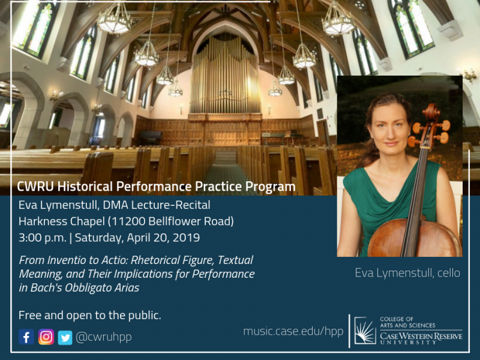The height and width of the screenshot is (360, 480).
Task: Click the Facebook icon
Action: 26,337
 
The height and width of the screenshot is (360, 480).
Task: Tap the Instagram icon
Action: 46,337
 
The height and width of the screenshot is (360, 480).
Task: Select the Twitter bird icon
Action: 65,338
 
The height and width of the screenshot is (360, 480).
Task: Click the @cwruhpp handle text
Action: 103,337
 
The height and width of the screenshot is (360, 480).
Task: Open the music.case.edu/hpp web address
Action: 293,331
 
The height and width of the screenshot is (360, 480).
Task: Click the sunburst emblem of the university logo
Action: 365,331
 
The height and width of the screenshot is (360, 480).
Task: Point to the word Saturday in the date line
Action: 98,238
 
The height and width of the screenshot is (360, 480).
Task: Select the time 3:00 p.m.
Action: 42,238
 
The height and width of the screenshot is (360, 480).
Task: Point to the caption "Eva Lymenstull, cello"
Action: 407,273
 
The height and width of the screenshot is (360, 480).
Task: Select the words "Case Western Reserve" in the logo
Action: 421,336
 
